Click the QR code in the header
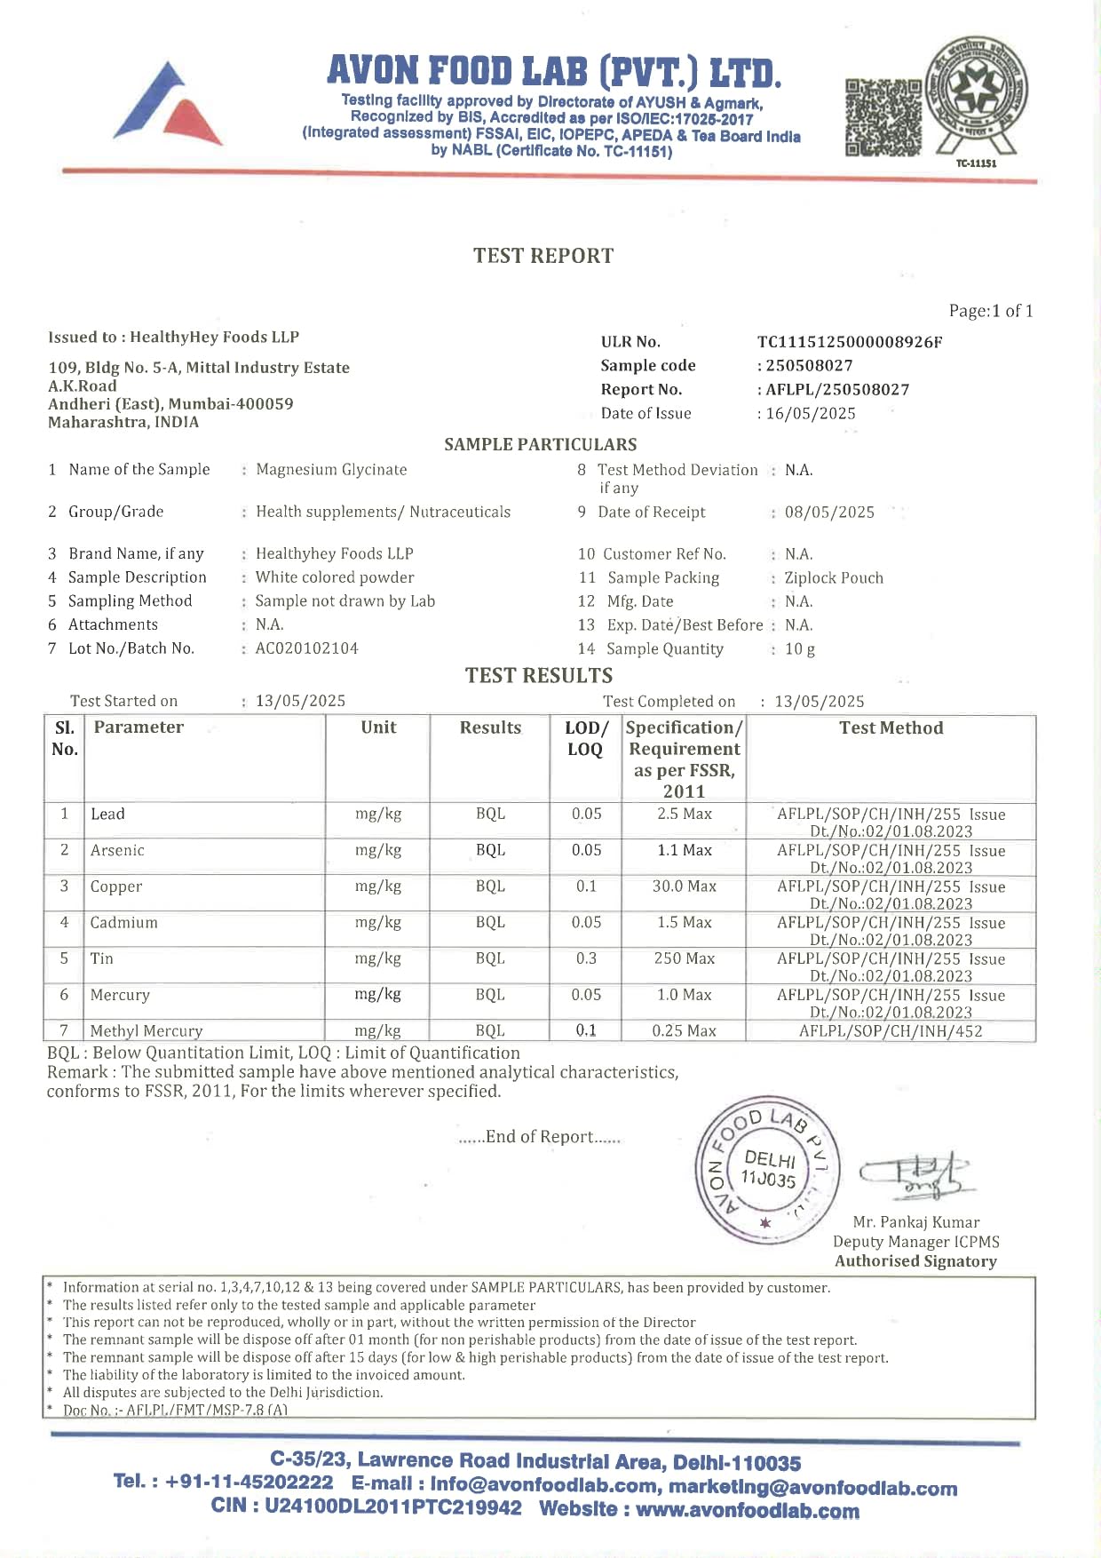pos(883,117)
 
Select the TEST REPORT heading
pos(543,256)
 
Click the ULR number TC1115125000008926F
pos(850,342)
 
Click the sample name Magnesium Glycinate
pos(331,469)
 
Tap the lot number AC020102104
pos(307,648)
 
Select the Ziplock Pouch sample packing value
pos(834,578)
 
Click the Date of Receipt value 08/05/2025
pos(829,513)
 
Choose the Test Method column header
pos(891,728)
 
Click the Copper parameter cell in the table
pos(116,886)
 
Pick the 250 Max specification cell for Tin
pos(685,958)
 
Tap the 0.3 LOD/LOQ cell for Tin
pos(586,958)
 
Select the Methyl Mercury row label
pos(147,1030)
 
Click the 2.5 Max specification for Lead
pos(685,814)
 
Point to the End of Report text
pos(539,1137)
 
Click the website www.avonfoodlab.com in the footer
pos(747,1510)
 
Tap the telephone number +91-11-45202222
pos(249,1482)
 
